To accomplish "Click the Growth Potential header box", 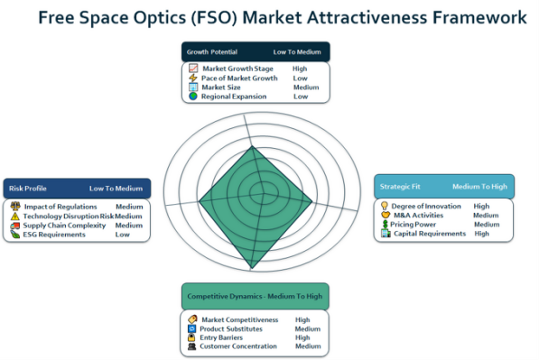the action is point(256,51).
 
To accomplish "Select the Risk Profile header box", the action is point(77,189).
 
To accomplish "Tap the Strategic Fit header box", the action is point(444,187).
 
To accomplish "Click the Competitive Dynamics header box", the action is point(256,296).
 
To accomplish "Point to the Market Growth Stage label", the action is point(237,69).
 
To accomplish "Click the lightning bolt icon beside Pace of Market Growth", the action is point(193,78).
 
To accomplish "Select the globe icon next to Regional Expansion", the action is point(193,97).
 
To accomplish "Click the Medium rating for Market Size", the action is point(306,88).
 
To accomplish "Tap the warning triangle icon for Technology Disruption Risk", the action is point(14,216).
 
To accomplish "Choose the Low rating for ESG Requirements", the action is point(123,235).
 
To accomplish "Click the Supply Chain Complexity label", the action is point(64,226).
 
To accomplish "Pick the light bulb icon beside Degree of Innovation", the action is point(385,206).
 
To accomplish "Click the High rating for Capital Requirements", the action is point(481,234).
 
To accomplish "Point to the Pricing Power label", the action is point(413,225).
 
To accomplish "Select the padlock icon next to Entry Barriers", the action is point(191,337).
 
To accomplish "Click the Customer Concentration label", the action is point(238,346).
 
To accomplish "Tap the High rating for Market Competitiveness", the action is point(302,319).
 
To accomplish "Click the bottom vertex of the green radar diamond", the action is point(252,268).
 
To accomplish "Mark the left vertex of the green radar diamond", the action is point(199,201).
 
